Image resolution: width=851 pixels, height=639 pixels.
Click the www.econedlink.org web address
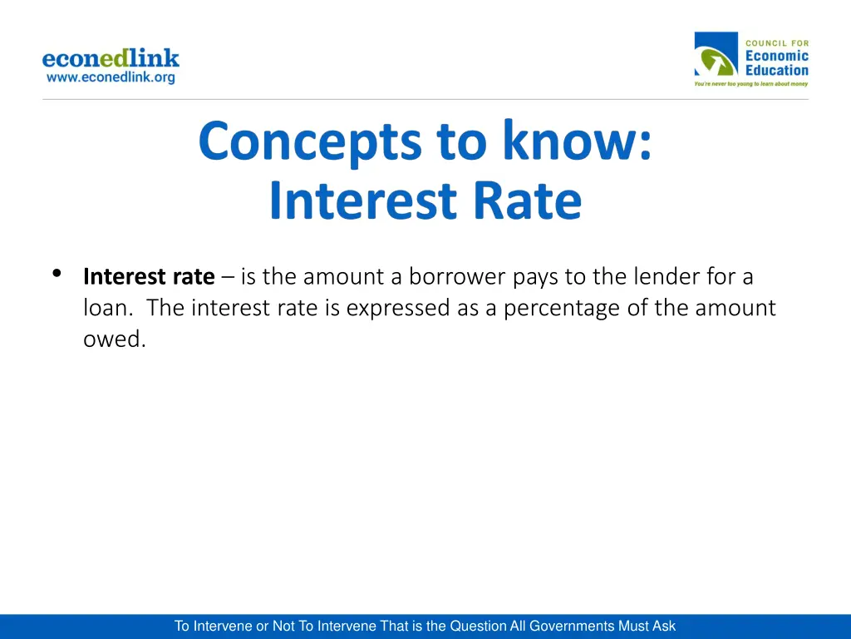pos(111,77)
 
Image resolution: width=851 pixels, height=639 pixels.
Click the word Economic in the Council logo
pos(776,57)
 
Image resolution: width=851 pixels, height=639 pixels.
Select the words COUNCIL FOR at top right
pos(777,42)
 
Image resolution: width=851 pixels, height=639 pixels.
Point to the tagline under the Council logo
pos(751,84)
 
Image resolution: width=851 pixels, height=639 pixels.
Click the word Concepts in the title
pos(310,141)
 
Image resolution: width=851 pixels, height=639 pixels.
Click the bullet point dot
pos(57,274)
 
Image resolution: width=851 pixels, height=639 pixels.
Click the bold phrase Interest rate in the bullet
pos(149,276)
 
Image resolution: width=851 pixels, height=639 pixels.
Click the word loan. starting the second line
pos(109,308)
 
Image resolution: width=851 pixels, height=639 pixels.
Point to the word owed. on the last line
pos(114,339)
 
